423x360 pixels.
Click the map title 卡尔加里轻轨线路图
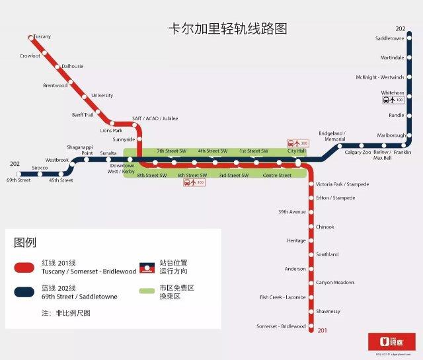click(x=228, y=29)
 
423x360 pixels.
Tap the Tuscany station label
click(x=42, y=36)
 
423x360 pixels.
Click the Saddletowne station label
click(x=389, y=39)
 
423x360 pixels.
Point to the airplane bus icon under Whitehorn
click(x=393, y=100)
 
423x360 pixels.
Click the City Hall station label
click(x=297, y=151)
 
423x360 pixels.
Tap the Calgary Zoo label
click(x=358, y=153)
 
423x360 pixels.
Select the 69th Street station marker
click(x=19, y=174)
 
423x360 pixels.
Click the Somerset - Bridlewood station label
click(x=281, y=326)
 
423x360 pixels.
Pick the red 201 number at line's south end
click(x=323, y=331)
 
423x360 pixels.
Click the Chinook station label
click(x=325, y=227)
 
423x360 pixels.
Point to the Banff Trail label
click(x=83, y=115)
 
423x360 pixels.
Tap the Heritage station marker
click(x=311, y=240)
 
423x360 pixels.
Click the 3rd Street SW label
click(x=233, y=175)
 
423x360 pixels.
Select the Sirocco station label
click(x=39, y=168)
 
